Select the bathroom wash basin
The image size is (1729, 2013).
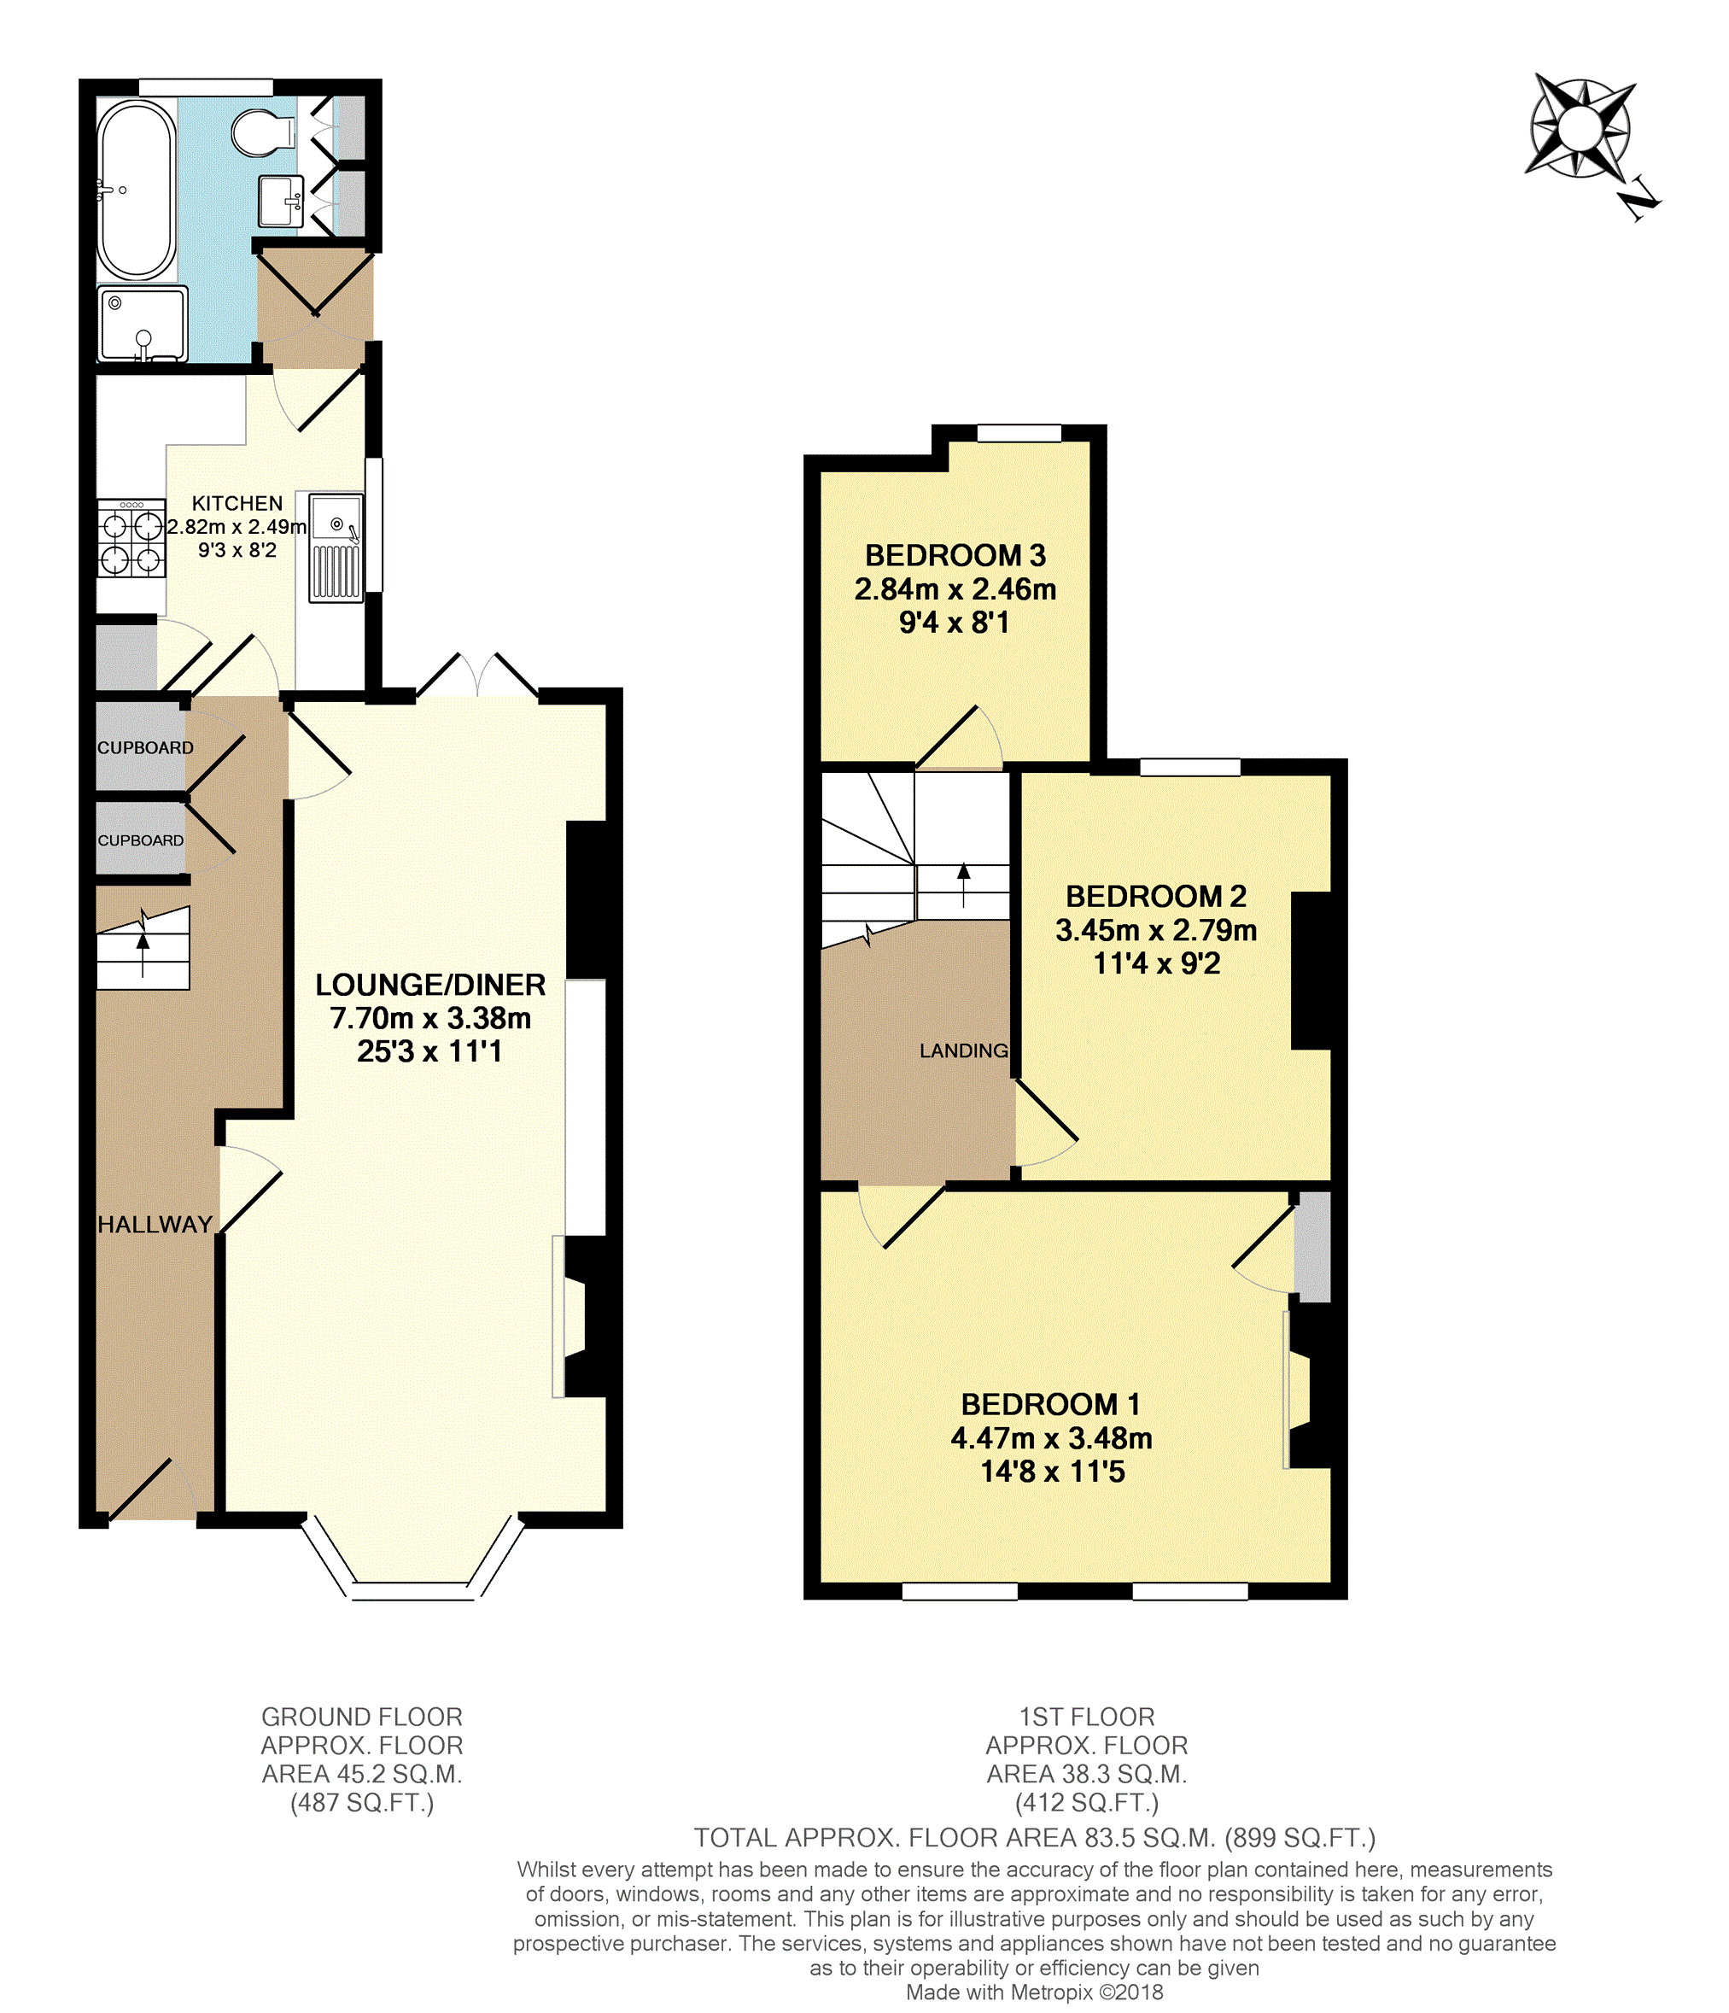tap(281, 201)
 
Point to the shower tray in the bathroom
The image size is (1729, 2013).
tap(142, 325)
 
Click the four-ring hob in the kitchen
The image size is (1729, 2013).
tap(131, 538)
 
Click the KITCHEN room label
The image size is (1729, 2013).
tap(237, 503)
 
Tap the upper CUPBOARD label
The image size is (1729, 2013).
tap(145, 748)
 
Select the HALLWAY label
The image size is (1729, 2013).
tap(155, 1225)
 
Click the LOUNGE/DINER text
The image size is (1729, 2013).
tap(430, 985)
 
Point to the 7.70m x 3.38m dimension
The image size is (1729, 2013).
tap(430, 1018)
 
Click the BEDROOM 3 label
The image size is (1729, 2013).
tap(955, 556)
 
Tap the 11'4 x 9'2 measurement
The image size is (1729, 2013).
tap(1157, 963)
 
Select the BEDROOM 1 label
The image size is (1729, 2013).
tap(1051, 1405)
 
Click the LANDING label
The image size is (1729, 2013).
tap(964, 1051)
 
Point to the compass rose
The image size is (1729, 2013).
tap(1580, 128)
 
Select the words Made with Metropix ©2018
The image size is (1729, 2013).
tap(1035, 1993)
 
